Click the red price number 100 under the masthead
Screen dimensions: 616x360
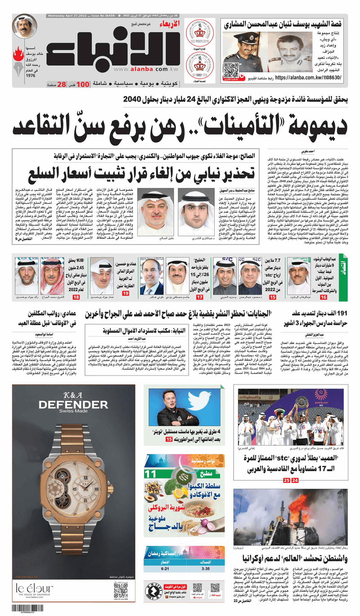pos(83,84)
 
